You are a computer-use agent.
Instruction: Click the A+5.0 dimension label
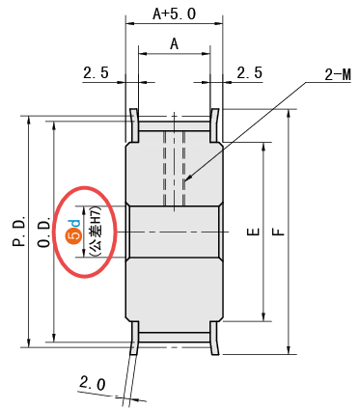click(x=174, y=14)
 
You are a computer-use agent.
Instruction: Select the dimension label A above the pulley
click(x=174, y=43)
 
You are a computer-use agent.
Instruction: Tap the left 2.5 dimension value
click(x=96, y=72)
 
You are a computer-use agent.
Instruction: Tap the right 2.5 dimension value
click(x=250, y=72)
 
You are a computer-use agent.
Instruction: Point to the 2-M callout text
click(x=338, y=75)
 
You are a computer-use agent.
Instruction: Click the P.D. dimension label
click(x=19, y=232)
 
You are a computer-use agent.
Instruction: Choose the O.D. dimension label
click(x=44, y=232)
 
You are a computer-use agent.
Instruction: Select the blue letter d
click(x=74, y=223)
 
